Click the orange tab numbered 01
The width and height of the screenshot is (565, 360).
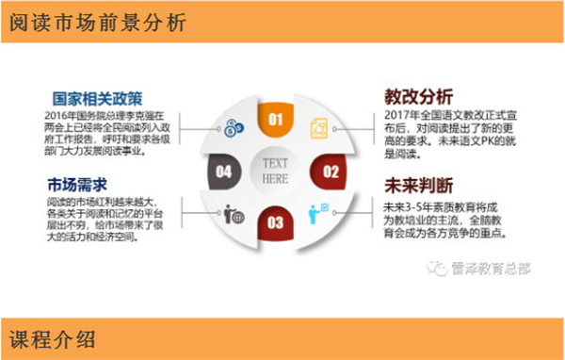tap(276, 120)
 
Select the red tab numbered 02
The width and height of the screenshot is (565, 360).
tap(331, 172)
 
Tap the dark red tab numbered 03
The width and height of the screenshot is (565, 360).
tap(276, 222)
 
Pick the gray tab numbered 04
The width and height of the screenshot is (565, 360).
tap(223, 172)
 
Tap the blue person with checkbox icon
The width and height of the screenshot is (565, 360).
tap(319, 211)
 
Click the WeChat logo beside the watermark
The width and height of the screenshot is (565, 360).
tap(439, 268)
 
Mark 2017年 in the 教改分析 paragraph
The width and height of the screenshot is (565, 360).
tap(401, 116)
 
